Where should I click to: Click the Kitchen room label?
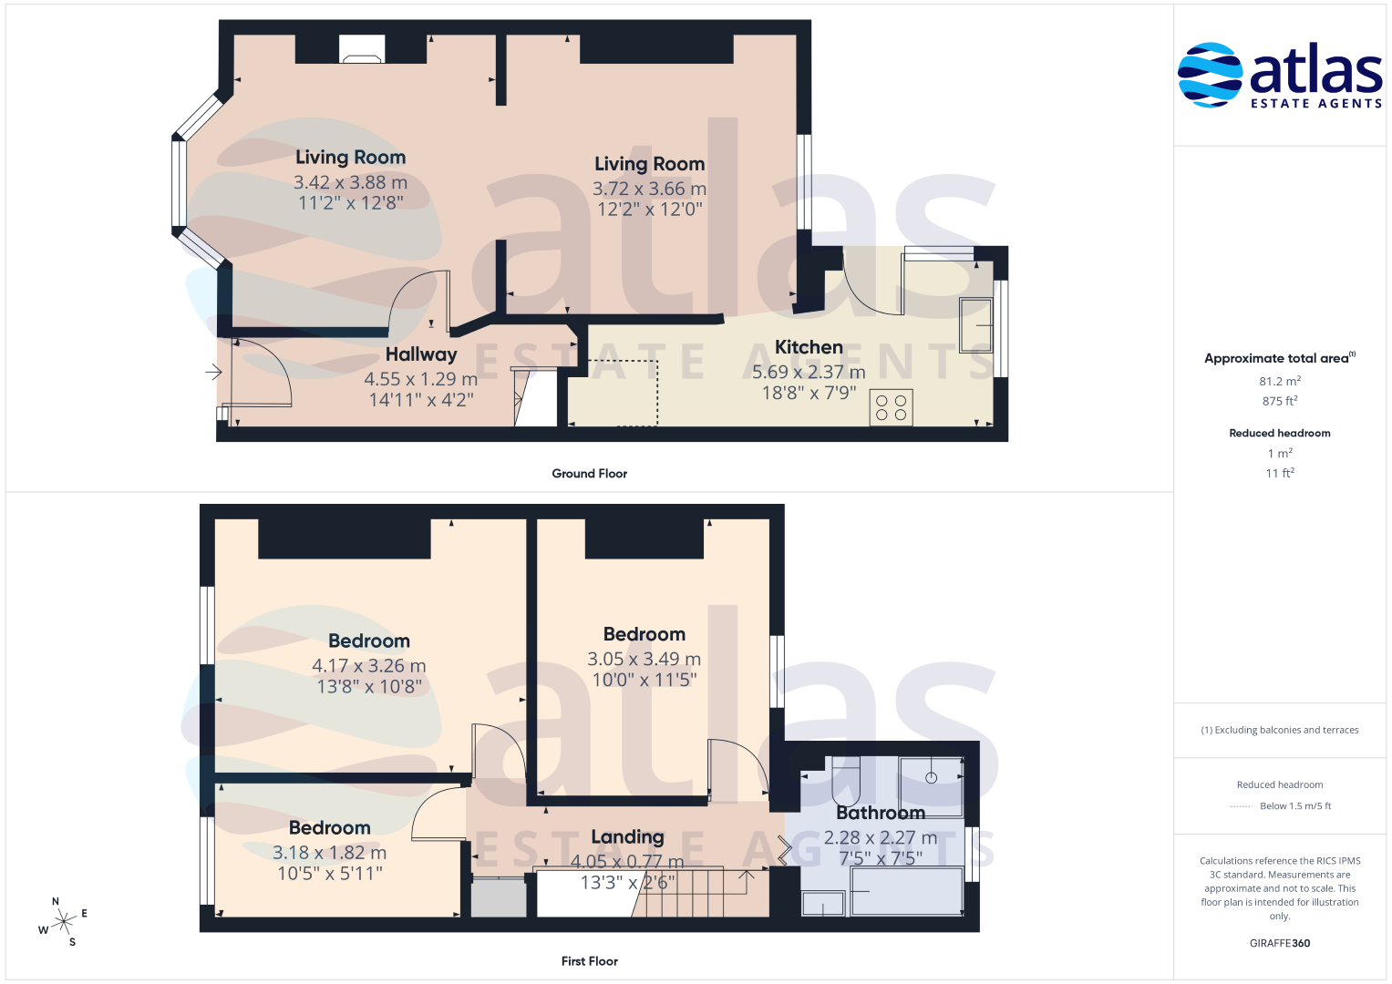pyautogui.click(x=809, y=346)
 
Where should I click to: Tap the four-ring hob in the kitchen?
pyautogui.click(x=892, y=408)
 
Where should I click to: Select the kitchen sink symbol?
pyautogui.click(x=976, y=325)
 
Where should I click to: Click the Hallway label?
pyautogui.click(x=421, y=354)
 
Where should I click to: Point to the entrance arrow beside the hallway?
pyautogui.click(x=214, y=372)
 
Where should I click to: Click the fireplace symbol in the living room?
pyautogui.click(x=362, y=49)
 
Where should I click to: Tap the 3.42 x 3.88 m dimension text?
pyautogui.click(x=350, y=182)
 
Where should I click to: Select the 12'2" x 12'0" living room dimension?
pyautogui.click(x=649, y=209)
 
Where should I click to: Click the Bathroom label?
pyautogui.click(x=881, y=813)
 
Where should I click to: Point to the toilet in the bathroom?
pyautogui.click(x=846, y=781)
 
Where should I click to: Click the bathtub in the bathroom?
pyautogui.click(x=907, y=891)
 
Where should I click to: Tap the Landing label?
pyautogui.click(x=627, y=837)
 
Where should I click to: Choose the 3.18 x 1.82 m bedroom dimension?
pyautogui.click(x=329, y=852)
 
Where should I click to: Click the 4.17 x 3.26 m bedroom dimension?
pyautogui.click(x=369, y=665)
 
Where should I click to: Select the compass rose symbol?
pyautogui.click(x=63, y=922)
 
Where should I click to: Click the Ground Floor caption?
pyautogui.click(x=589, y=474)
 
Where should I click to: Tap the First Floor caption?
pyautogui.click(x=589, y=961)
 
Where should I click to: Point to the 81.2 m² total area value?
pyautogui.click(x=1280, y=381)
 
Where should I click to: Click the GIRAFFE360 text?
pyautogui.click(x=1280, y=943)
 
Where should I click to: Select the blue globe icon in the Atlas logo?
pyautogui.click(x=1210, y=75)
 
